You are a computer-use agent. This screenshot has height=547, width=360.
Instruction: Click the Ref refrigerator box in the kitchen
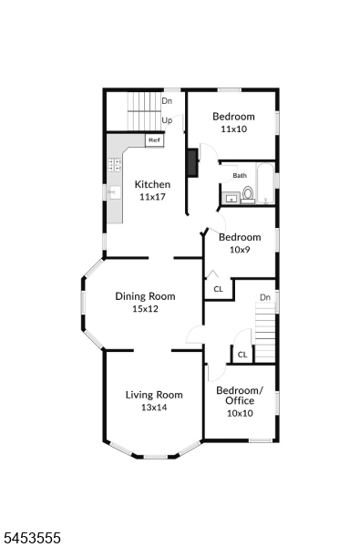[x=154, y=139]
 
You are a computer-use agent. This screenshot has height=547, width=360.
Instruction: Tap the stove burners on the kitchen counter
[x=115, y=165]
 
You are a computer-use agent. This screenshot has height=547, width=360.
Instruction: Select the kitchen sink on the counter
[x=115, y=192]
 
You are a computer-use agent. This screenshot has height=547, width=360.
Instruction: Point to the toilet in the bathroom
[x=248, y=195]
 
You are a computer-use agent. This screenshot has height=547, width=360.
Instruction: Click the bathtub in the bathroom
[x=266, y=183]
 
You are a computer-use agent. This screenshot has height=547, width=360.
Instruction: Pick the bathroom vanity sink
[x=231, y=199]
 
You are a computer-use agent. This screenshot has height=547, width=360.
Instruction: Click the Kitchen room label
[x=152, y=184]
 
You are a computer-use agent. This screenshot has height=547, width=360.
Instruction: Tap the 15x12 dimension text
[x=145, y=309]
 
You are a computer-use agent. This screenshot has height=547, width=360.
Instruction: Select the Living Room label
[x=154, y=395]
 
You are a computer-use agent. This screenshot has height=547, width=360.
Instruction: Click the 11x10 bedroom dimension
[x=233, y=129]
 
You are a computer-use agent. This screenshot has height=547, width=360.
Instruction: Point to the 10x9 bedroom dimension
[x=240, y=250]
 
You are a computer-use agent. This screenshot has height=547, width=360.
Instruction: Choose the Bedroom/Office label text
[x=240, y=396]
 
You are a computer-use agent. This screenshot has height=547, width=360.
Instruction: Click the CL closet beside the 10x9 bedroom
[x=219, y=289]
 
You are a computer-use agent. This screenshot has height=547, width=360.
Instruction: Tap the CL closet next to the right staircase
[x=242, y=355]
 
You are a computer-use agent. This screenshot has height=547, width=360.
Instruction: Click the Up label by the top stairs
[x=167, y=120]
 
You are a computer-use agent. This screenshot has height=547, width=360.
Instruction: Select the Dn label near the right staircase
[x=265, y=297]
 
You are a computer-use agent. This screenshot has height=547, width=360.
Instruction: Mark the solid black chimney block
[x=193, y=162]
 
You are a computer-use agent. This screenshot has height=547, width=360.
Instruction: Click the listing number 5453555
[x=31, y=538]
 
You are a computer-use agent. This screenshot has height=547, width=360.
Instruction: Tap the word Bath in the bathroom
[x=240, y=175]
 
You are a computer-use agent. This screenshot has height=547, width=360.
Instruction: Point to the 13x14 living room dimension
[x=154, y=408]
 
